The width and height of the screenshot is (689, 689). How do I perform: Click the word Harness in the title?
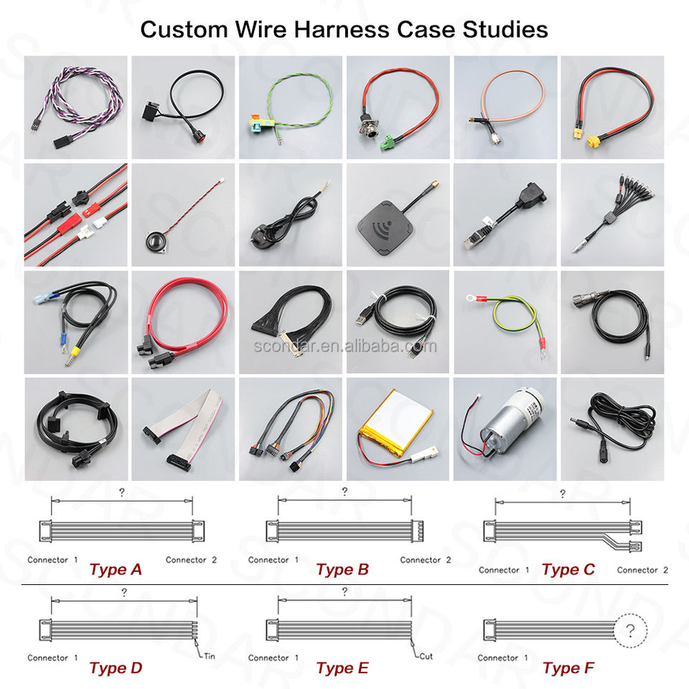[x=342, y=30]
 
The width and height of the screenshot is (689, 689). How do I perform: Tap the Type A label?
[x=116, y=569]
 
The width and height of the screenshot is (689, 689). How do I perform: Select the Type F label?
[x=568, y=668]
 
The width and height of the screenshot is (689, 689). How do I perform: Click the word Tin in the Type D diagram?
[x=210, y=656]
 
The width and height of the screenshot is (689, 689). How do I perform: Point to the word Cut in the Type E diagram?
[x=426, y=656]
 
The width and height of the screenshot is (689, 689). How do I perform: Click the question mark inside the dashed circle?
[x=631, y=631]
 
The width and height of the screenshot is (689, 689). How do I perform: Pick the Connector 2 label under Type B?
[x=426, y=560]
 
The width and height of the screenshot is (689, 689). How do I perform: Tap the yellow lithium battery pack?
[x=395, y=423]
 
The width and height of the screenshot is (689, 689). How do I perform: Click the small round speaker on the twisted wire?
[x=156, y=242]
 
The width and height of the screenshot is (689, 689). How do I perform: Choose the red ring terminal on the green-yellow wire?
[x=476, y=299]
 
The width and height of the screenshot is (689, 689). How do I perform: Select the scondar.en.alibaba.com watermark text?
[x=345, y=346]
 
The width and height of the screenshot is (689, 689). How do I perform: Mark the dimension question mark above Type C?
[x=563, y=494]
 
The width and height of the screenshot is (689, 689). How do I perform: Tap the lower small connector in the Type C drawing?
[x=636, y=547]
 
